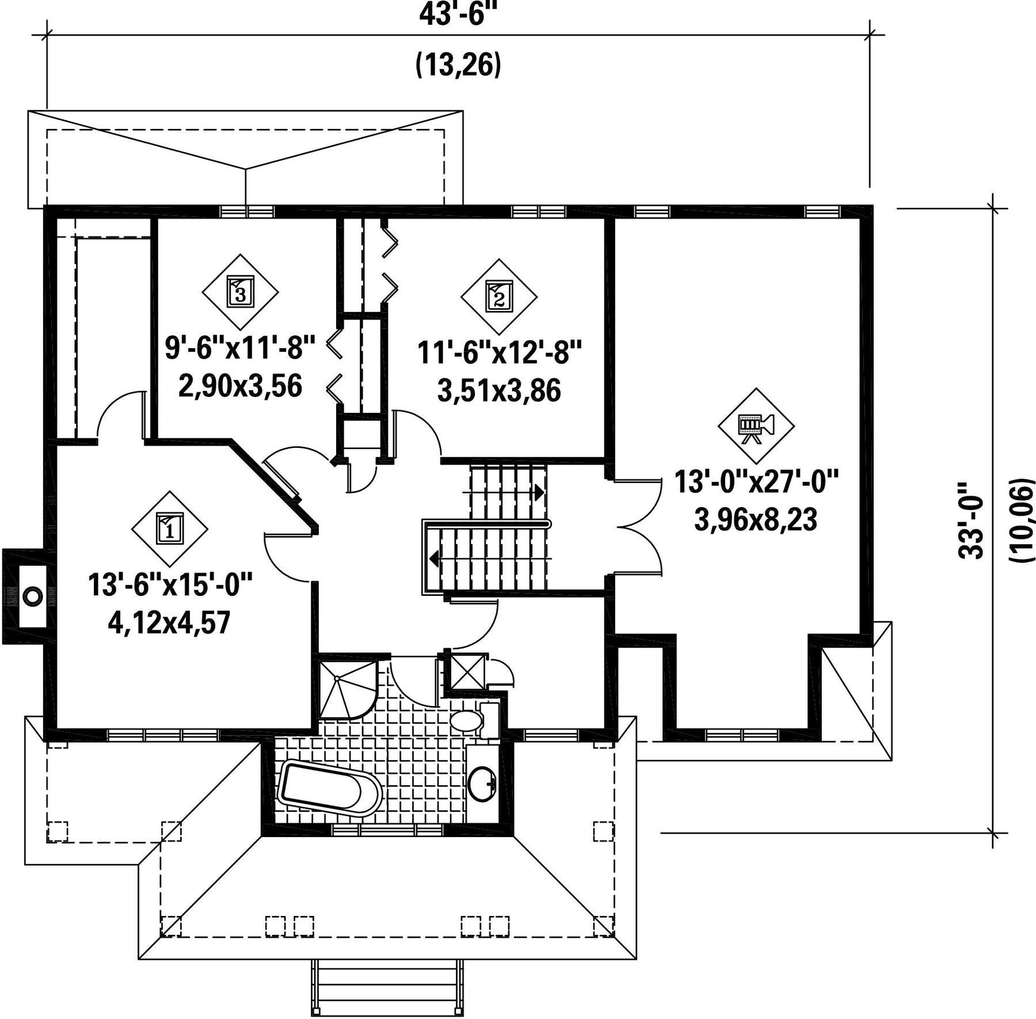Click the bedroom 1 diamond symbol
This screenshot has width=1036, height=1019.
click(170, 528)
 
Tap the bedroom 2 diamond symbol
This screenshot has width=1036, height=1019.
click(499, 297)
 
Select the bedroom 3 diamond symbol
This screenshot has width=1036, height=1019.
click(240, 292)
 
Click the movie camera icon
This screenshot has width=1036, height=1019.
click(756, 426)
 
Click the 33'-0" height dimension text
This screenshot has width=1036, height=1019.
click(972, 521)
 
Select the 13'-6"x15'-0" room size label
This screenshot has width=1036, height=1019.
click(170, 585)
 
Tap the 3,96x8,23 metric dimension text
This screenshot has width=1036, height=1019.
click(756, 520)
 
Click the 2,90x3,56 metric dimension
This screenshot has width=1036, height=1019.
click(240, 386)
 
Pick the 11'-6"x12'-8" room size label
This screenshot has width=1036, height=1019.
click(500, 352)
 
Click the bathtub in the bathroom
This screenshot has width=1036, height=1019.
click(330, 788)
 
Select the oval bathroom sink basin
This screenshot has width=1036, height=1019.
click(482, 783)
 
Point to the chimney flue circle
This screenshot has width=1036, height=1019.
click(33, 595)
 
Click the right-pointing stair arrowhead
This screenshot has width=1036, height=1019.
click(539, 492)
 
